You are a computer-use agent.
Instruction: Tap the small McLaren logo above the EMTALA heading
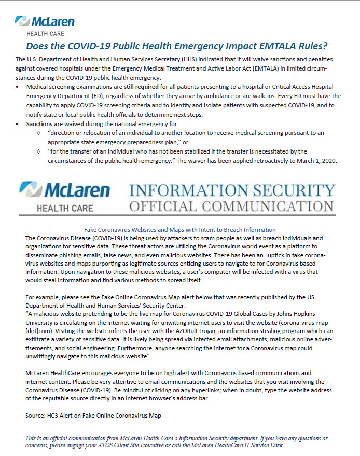pyautogui.click(x=45, y=23)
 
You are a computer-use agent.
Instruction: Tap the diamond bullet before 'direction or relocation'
pyautogui.click(x=39, y=133)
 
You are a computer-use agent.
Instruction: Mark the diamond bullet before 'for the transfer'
pyautogui.click(x=39, y=151)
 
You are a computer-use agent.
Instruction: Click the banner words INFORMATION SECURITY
pyautogui.click(x=232, y=190)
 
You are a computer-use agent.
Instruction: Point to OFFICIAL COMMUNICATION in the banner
pyautogui.click(x=232, y=206)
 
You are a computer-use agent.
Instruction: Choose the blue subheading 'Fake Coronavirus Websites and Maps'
pyautogui.click(x=179, y=229)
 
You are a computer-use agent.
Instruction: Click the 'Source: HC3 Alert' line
pyautogui.click(x=93, y=416)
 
